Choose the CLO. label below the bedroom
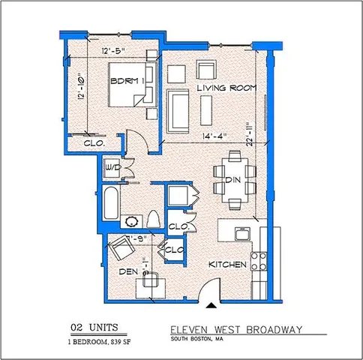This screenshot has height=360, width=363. pos(94,142)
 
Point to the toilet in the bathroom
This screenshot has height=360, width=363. pos(153,220)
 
